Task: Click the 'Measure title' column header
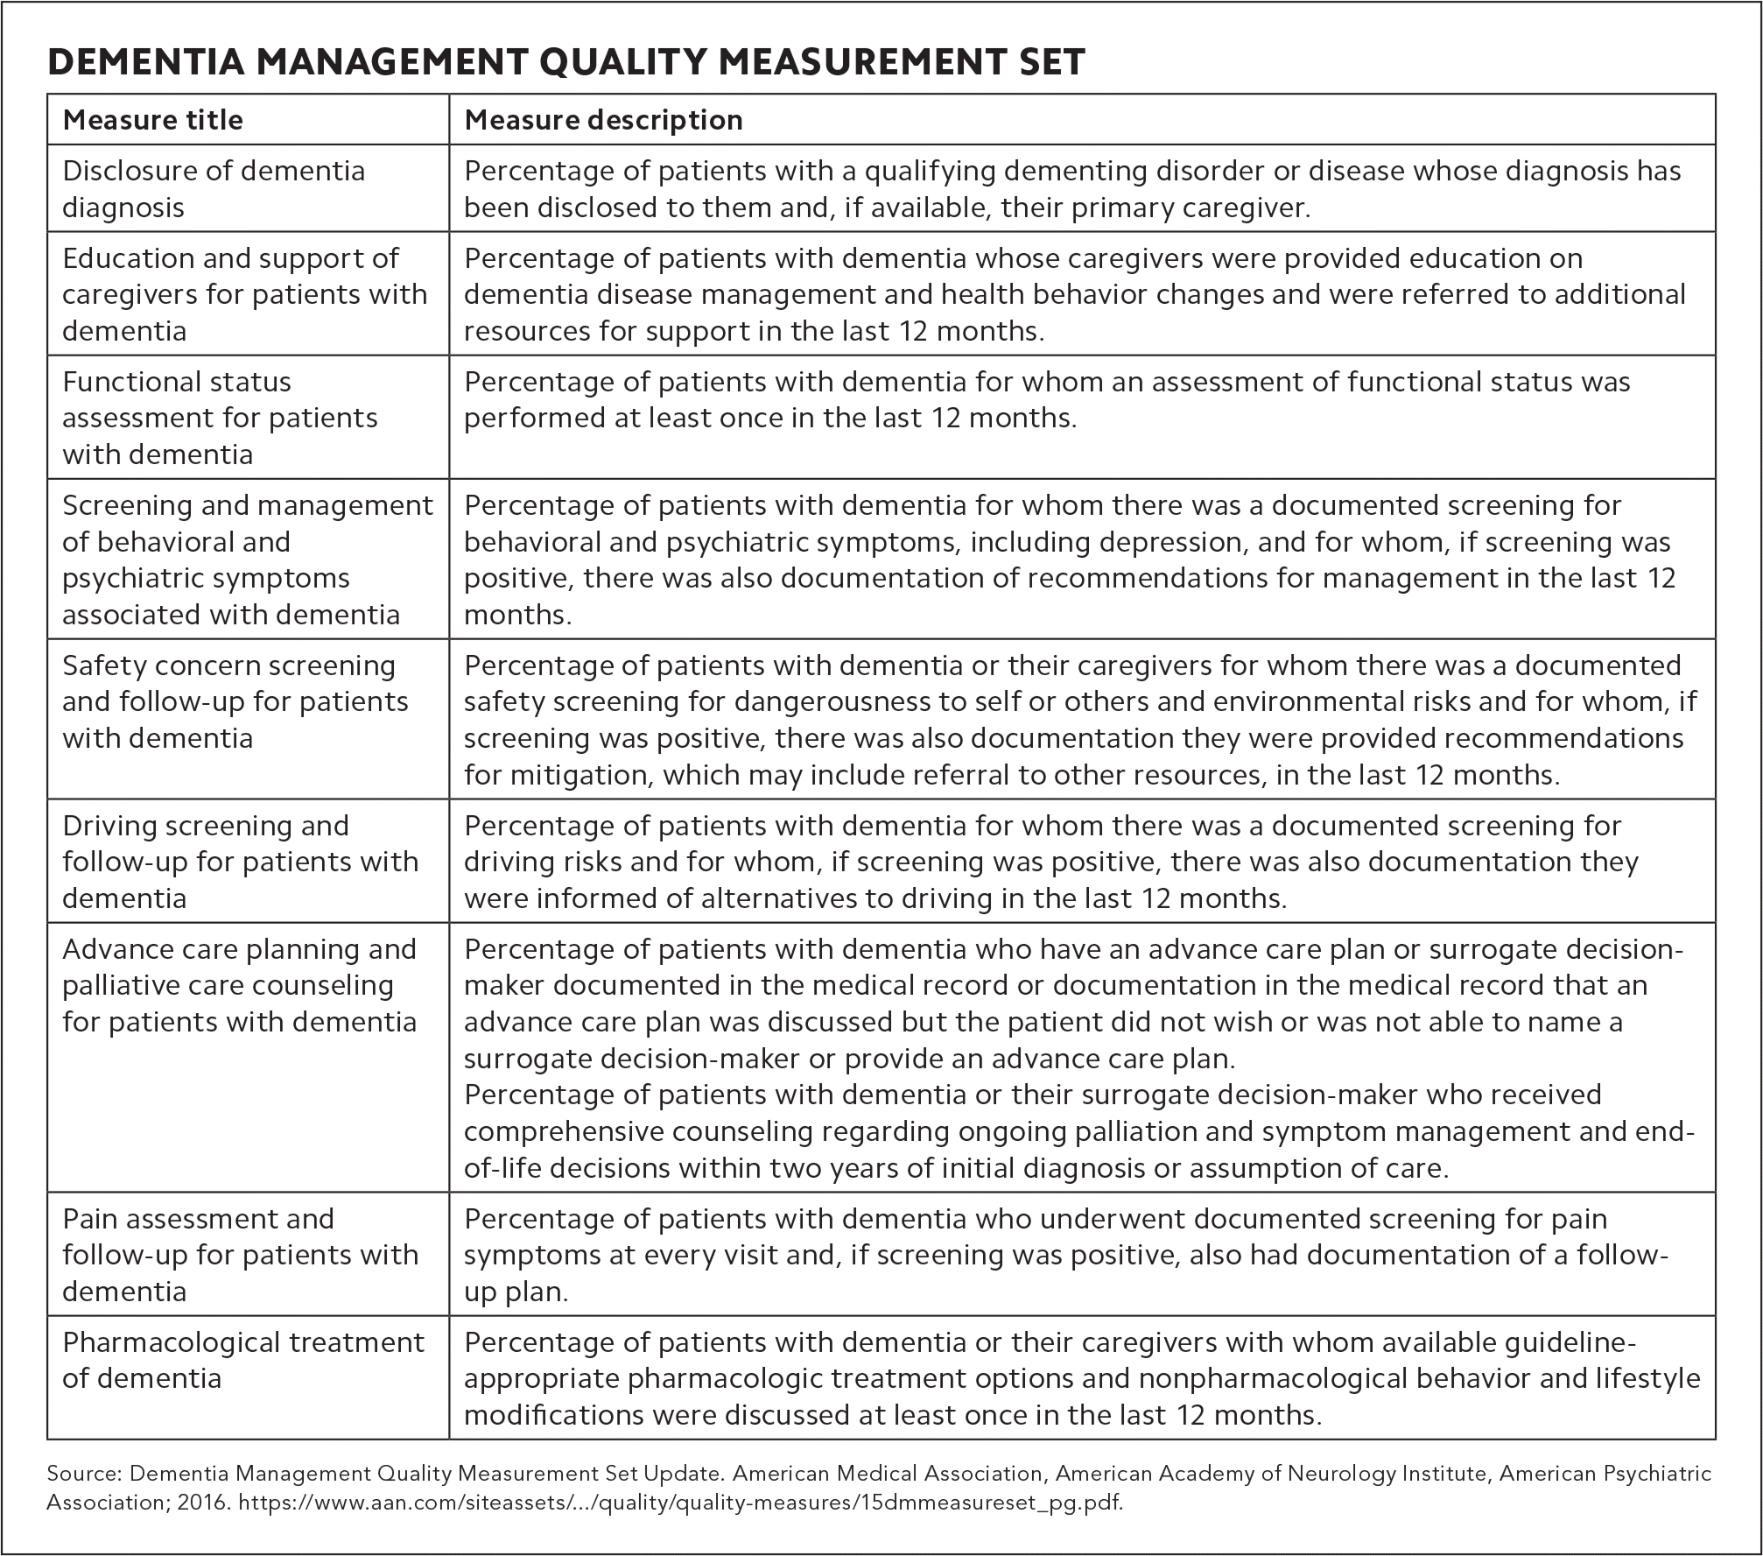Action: (153, 120)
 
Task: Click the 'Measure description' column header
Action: (603, 120)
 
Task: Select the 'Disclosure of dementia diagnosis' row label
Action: (214, 188)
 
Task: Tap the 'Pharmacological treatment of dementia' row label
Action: (243, 1360)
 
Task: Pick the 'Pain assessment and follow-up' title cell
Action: (241, 1255)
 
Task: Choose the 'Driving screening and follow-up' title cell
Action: (241, 862)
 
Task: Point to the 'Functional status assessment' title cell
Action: (220, 418)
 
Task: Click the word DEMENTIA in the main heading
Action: (148, 63)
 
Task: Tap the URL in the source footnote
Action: (680, 1503)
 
